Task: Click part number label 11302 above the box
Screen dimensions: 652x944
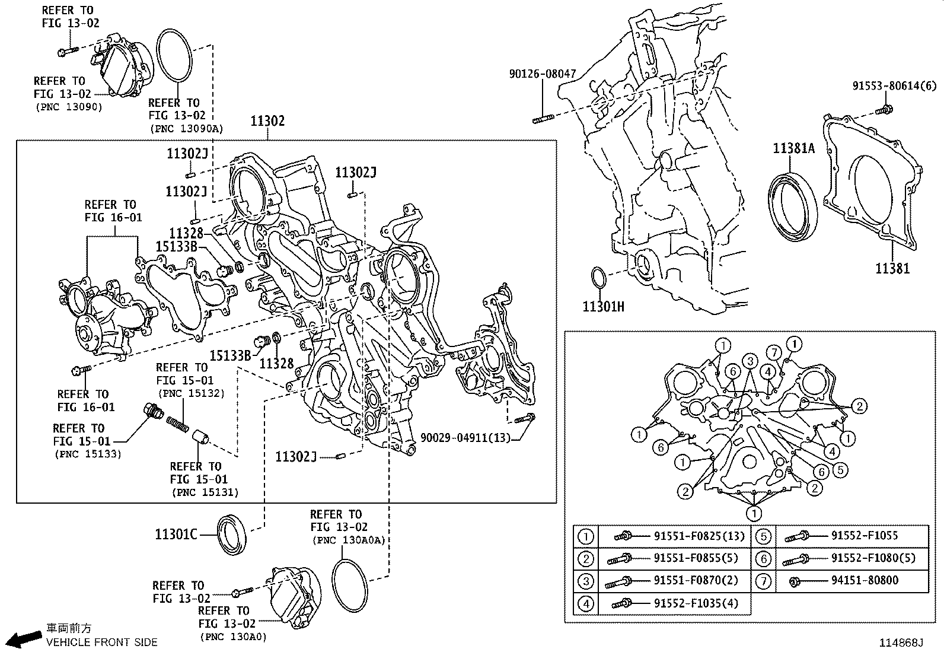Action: click(x=267, y=121)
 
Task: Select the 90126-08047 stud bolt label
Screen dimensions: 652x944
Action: click(x=542, y=74)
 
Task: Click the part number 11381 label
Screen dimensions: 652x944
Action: click(x=892, y=268)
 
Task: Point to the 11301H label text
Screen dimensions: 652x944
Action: click(x=603, y=307)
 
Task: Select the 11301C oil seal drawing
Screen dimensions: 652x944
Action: click(x=232, y=535)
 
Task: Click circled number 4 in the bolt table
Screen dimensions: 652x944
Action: click(x=585, y=604)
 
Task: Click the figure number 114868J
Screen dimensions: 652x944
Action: click(x=901, y=643)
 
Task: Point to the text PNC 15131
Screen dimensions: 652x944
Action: click(x=205, y=492)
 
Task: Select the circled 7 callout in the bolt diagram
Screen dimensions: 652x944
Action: click(x=773, y=352)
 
